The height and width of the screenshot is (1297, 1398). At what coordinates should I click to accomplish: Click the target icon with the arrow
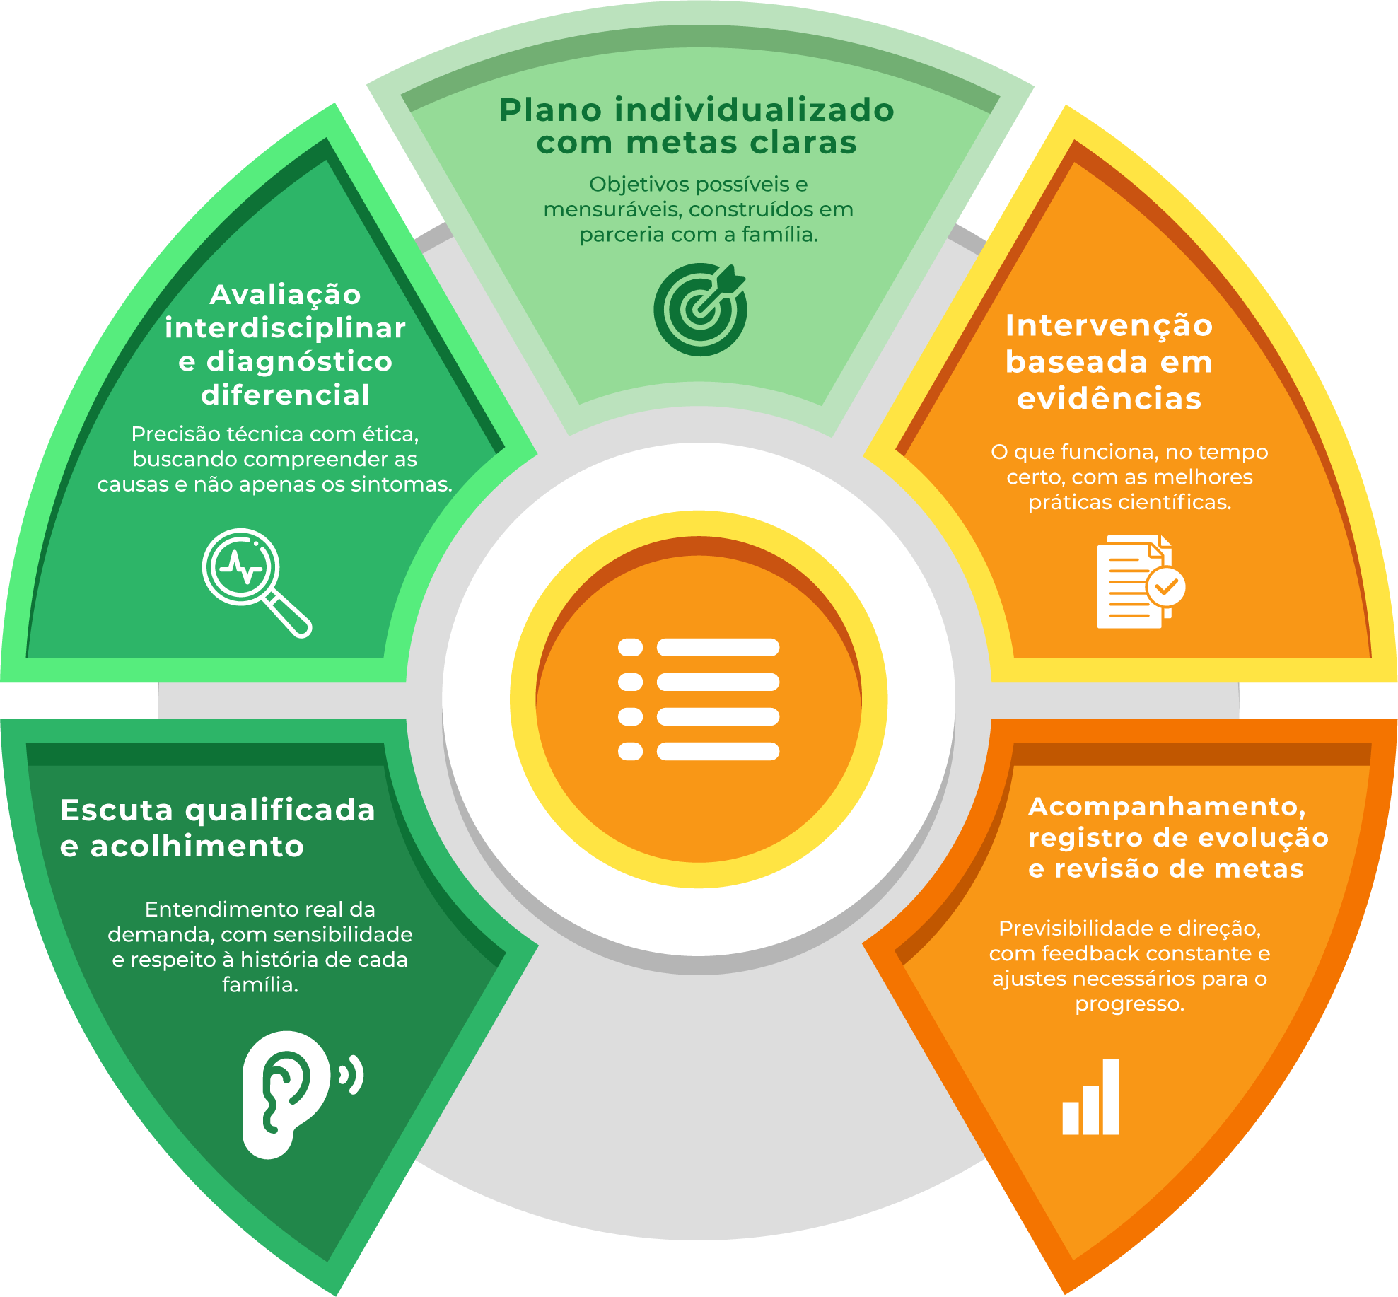click(699, 309)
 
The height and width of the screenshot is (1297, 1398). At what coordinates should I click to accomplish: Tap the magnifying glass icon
click(257, 583)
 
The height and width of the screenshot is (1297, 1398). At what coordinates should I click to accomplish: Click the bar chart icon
click(1090, 1097)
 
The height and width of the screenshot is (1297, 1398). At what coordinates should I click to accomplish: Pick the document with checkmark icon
click(1141, 581)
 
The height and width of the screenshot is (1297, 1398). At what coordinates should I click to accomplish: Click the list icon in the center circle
click(699, 699)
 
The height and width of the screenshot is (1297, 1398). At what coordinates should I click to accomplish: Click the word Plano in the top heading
click(550, 111)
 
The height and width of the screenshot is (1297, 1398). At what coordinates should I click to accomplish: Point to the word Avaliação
click(286, 296)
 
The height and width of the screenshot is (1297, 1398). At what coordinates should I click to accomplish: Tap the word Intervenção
click(1109, 327)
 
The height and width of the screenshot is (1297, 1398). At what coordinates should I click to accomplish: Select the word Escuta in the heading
click(117, 810)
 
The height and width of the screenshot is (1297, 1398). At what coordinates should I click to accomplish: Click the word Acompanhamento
click(1167, 807)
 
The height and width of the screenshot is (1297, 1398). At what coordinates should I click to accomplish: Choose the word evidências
click(1109, 399)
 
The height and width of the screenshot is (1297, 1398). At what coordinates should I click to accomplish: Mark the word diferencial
click(286, 395)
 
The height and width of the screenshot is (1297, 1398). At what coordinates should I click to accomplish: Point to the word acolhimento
click(197, 847)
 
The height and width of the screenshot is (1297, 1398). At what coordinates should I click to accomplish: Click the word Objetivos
click(639, 185)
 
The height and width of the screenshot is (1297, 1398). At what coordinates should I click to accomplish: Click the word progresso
click(1129, 1005)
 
